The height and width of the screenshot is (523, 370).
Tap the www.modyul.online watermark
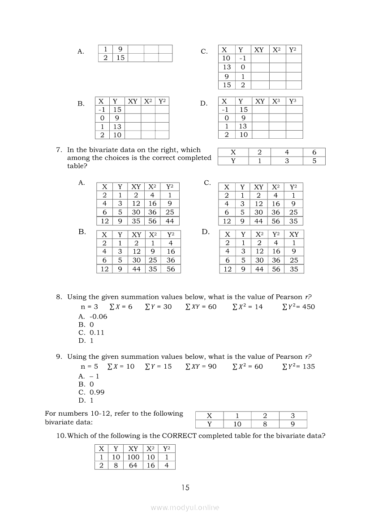click(x=185, y=507)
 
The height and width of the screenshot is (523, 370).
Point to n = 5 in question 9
click(x=89, y=366)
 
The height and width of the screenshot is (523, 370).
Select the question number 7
click(x=59, y=150)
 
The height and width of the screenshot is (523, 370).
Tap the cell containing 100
click(x=133, y=457)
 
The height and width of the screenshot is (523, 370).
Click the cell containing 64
click(x=133, y=465)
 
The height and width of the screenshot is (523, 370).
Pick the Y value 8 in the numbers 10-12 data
click(x=264, y=424)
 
